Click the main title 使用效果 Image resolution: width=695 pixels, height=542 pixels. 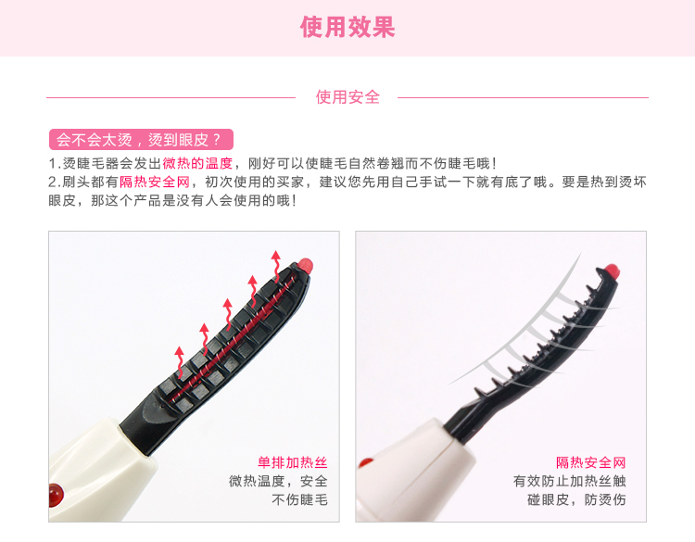[347, 27]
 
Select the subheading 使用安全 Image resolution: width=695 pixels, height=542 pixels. [347, 97]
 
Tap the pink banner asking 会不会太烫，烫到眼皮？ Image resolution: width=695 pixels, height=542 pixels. [141, 140]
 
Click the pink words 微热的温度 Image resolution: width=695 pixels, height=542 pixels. [197, 164]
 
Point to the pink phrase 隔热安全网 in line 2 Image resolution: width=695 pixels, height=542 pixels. [155, 182]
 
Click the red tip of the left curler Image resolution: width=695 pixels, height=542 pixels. [306, 265]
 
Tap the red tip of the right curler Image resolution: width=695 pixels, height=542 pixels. [612, 271]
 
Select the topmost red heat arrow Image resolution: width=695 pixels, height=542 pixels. [276, 266]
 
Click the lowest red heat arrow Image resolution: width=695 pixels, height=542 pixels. [180, 361]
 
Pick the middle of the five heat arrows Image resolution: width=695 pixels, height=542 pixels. [228, 314]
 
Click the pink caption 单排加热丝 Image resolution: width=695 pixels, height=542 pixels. [293, 462]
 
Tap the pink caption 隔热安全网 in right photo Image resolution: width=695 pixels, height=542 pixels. [591, 462]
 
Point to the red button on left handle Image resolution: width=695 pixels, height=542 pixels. [57, 495]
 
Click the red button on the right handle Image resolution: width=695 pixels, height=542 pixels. [366, 462]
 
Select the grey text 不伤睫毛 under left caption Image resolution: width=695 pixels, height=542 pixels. [299, 500]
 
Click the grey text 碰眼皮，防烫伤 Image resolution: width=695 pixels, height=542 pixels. [576, 500]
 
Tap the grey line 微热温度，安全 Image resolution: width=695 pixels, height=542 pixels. [278, 481]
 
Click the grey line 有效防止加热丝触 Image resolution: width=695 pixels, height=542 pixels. [570, 481]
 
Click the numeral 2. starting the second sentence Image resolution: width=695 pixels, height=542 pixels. [54, 183]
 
